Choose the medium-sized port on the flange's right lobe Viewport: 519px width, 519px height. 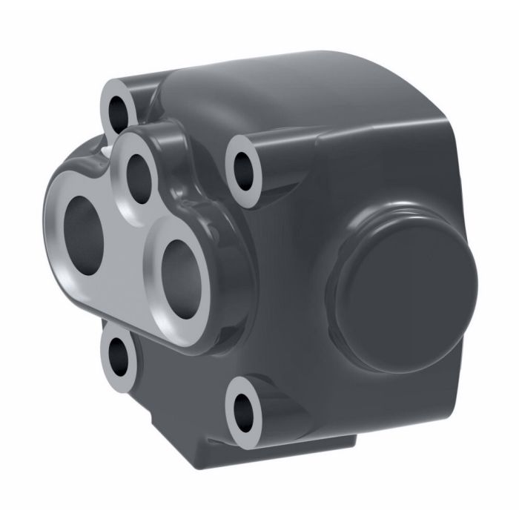point(179,270)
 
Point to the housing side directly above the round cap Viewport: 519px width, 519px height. point(393,171)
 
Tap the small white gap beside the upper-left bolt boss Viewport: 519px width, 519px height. point(108,148)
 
